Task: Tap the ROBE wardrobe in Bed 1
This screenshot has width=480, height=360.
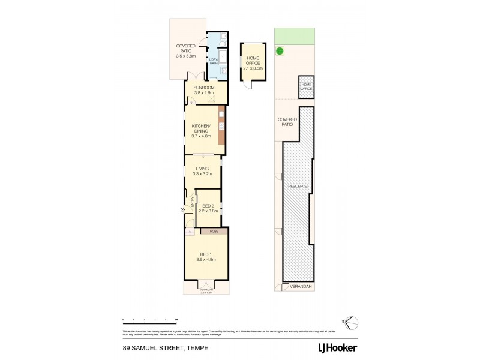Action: (x=214, y=231)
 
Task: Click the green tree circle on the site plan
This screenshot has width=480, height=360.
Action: (x=280, y=52)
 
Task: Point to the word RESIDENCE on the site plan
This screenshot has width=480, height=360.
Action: (x=298, y=187)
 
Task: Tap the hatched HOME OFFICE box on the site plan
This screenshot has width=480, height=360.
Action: (x=307, y=87)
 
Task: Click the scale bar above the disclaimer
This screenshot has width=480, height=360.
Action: (x=150, y=323)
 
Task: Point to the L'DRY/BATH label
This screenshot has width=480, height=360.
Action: (x=212, y=60)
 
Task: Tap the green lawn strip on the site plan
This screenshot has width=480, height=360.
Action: (x=295, y=37)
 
